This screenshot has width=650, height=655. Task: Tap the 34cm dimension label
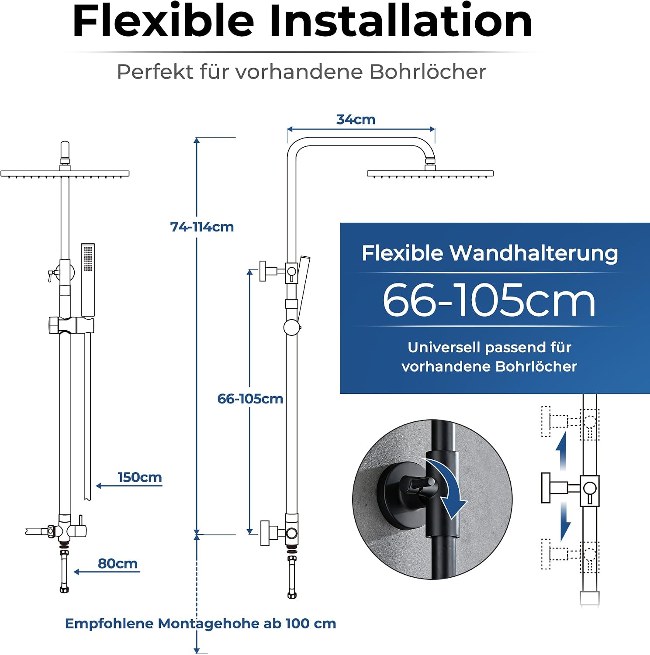[x=356, y=119]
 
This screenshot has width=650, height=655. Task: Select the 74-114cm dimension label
[x=202, y=227]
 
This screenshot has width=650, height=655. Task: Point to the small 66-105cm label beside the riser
[x=250, y=399]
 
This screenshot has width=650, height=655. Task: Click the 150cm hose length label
[x=140, y=477]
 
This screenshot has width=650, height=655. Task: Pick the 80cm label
[x=118, y=563]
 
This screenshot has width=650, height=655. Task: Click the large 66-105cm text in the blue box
[x=489, y=300]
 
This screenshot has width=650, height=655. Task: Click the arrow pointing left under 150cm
[x=129, y=486]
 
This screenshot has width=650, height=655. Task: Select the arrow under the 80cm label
[x=107, y=572]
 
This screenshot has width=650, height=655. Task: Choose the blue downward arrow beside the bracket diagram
[x=565, y=522]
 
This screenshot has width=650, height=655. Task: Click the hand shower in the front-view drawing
[x=88, y=280]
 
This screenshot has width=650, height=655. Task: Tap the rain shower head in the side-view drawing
[x=430, y=173]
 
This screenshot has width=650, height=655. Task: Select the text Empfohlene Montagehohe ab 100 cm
[x=201, y=623]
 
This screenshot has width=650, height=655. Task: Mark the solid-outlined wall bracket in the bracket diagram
[x=570, y=488]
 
